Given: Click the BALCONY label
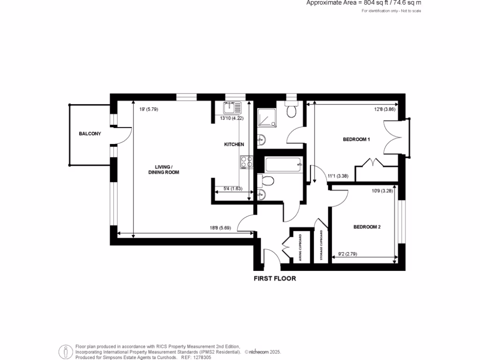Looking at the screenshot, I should pos(90,134).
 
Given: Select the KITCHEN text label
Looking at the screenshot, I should pos(233,144).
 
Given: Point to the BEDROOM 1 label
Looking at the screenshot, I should pos(356,140).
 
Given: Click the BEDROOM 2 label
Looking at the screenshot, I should pos(367,227).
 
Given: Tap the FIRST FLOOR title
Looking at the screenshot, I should pos(275,278).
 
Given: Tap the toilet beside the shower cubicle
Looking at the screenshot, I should pos(292,110).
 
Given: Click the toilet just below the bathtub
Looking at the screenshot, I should pos(264,181).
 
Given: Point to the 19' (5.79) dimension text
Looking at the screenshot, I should pos(149,110).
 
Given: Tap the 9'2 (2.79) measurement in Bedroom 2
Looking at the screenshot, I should pos(348,255).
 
